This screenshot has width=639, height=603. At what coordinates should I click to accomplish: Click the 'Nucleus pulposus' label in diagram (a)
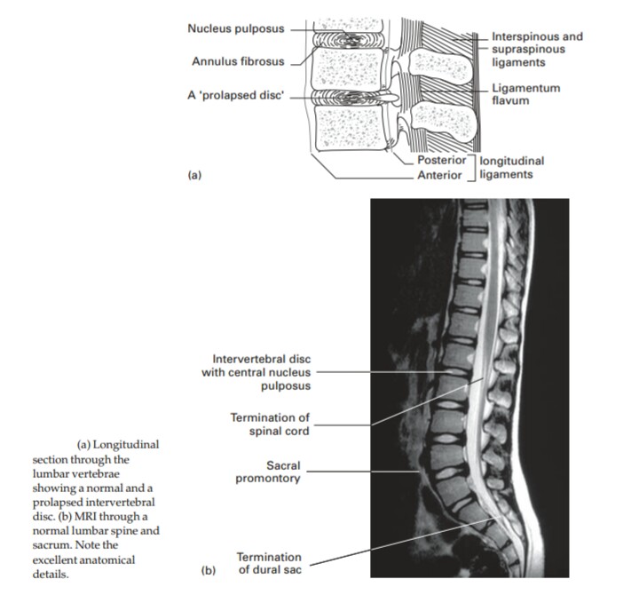(235, 28)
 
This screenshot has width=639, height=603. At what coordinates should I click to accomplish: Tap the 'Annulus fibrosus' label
(237, 61)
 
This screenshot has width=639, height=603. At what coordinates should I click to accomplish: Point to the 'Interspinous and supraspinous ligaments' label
(537, 50)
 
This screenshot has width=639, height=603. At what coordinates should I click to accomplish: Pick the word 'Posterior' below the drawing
(441, 162)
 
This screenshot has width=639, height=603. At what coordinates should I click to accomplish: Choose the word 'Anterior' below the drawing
(440, 175)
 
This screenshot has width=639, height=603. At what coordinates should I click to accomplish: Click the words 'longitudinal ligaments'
(510, 169)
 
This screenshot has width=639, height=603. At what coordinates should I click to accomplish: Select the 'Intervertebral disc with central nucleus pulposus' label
(256, 373)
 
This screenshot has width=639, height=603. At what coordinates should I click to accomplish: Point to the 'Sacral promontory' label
(268, 472)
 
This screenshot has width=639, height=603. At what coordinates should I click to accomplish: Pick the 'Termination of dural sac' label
(268, 563)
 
